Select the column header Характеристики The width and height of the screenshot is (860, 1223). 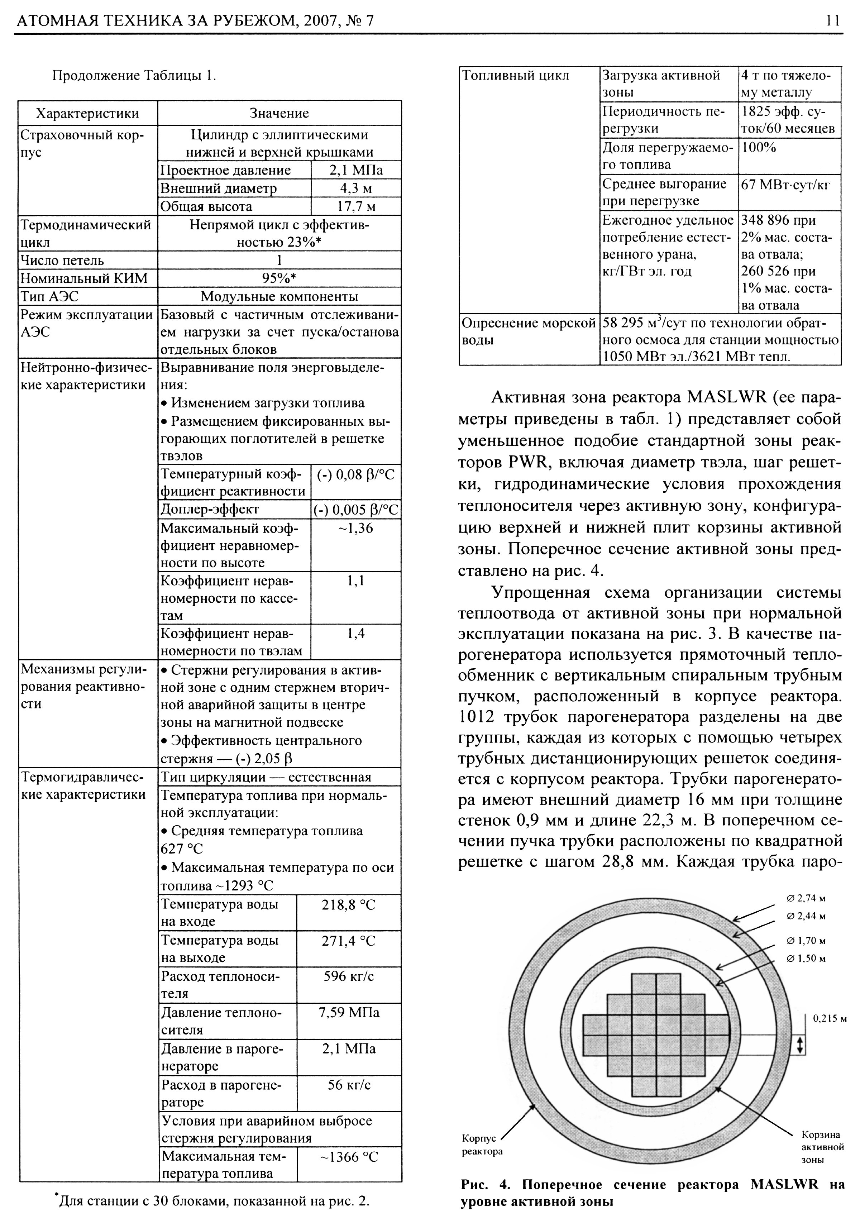point(87,114)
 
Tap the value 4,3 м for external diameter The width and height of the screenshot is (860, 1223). point(356,188)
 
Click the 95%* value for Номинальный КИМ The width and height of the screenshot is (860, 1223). point(279,278)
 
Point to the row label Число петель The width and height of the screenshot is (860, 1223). point(62,261)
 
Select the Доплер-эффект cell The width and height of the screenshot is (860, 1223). point(210,509)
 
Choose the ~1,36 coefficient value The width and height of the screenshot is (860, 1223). point(356,529)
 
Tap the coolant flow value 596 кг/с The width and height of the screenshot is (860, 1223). point(349,976)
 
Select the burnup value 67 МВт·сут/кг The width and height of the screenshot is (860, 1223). point(786,184)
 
